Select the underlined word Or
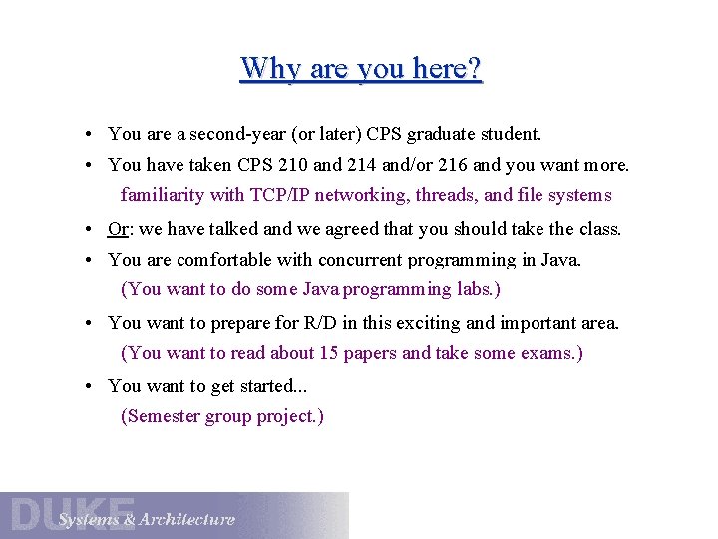[118, 229]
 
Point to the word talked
[235, 229]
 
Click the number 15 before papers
[330, 353]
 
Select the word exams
[548, 353]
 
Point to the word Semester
[160, 416]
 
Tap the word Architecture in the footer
[187, 519]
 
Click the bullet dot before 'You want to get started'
[90, 386]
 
